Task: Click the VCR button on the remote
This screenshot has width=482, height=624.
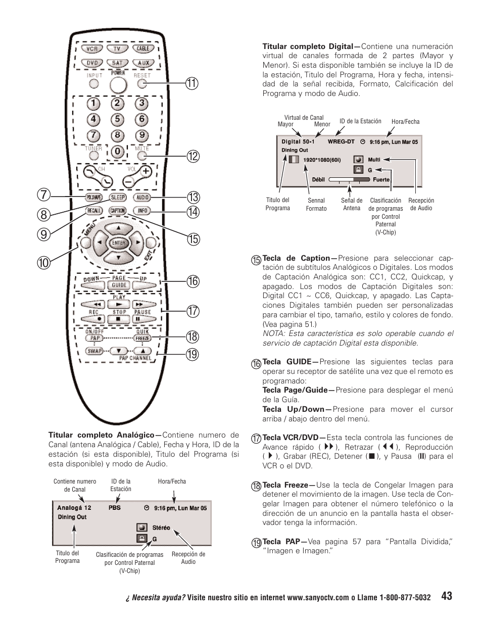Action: click(x=92, y=49)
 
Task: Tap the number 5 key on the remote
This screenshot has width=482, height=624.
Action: click(x=117, y=120)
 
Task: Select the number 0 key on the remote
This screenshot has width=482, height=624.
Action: click(x=117, y=151)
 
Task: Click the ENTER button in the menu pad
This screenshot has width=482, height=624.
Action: click(x=118, y=243)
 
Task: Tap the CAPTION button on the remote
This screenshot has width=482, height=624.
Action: click(x=118, y=211)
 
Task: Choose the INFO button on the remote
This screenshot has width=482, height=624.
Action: click(x=142, y=211)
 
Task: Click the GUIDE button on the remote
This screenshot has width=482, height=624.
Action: click(x=119, y=285)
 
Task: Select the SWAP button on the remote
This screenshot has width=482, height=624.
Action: click(x=94, y=351)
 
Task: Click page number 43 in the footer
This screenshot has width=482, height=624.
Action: click(x=446, y=596)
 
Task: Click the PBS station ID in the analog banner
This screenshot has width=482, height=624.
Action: click(x=115, y=507)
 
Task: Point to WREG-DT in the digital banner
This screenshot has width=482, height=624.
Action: click(x=341, y=142)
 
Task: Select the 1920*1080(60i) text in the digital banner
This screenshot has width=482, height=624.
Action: click(x=322, y=160)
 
